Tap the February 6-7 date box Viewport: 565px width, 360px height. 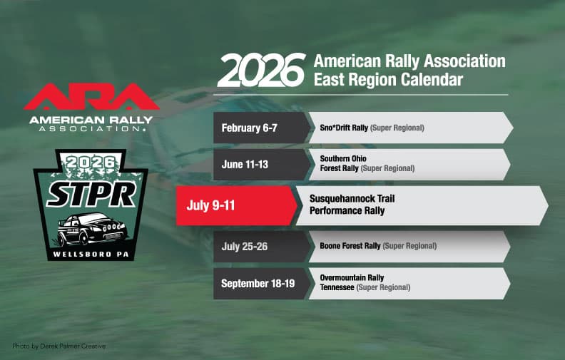250,128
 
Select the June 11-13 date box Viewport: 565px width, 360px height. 247,163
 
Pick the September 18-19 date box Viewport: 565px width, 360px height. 259,283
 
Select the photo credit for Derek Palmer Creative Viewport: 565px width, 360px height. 59,346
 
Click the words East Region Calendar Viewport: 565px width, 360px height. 388,79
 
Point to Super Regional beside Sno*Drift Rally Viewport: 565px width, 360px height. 397,128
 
